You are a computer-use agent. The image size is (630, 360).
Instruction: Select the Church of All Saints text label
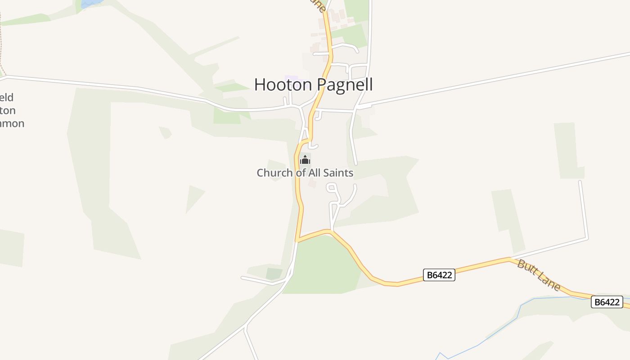point(305,172)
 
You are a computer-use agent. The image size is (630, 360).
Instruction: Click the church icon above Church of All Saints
point(305,160)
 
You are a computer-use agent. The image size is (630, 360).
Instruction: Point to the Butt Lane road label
point(539,275)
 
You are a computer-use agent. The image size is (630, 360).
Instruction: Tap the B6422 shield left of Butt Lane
point(439,275)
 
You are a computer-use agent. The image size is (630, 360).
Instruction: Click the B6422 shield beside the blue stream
point(607,302)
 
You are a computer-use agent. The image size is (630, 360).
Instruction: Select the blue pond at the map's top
point(91,3)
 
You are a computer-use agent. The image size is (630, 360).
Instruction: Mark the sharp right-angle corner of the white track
point(587,238)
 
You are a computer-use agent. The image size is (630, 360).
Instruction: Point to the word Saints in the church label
point(337,172)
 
